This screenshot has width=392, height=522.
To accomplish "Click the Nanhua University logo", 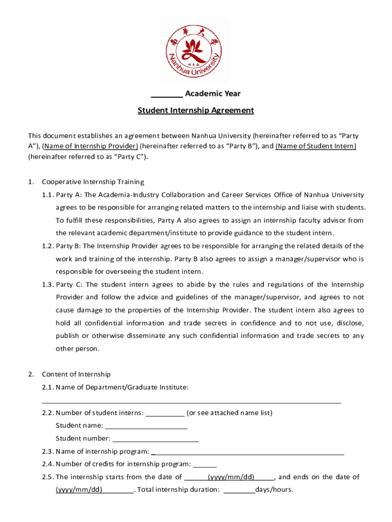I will pos(195,51).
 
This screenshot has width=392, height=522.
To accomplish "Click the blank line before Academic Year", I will pos(167,94).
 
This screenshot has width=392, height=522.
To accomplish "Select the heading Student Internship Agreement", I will pos(195,111).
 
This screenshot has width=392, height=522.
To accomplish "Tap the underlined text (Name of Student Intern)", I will pos(316,146).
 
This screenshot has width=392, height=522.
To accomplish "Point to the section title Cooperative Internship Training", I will pos(93,182).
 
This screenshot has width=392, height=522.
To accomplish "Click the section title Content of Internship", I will pos(76,374).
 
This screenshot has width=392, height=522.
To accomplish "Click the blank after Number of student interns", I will pos(165,413).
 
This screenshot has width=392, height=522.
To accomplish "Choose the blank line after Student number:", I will pos(155,439).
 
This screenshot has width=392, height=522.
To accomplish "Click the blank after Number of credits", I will pos(205,465).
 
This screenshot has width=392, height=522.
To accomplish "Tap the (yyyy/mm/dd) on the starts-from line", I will pos(231,477).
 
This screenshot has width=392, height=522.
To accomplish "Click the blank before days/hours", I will pos(239,490).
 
